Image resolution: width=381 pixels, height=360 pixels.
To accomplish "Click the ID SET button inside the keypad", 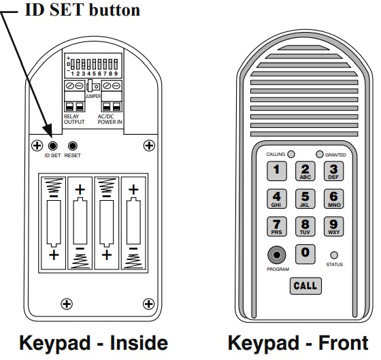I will (x=53, y=146).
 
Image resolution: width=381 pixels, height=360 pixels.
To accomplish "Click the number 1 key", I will (x=276, y=170).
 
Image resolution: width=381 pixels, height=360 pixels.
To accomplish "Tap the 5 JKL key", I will (x=305, y=198).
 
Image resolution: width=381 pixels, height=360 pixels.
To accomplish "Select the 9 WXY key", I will (x=333, y=226).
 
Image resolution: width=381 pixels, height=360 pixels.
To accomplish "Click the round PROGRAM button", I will (x=276, y=255).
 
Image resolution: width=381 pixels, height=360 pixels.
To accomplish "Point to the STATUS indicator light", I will (x=333, y=255).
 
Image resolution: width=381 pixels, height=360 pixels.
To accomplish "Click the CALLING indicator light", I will (x=291, y=154).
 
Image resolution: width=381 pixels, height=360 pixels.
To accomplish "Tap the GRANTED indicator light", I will (x=319, y=154).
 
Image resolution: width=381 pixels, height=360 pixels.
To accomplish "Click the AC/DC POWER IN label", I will (x=112, y=119).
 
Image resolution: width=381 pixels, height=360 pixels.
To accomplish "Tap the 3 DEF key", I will (x=333, y=170).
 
